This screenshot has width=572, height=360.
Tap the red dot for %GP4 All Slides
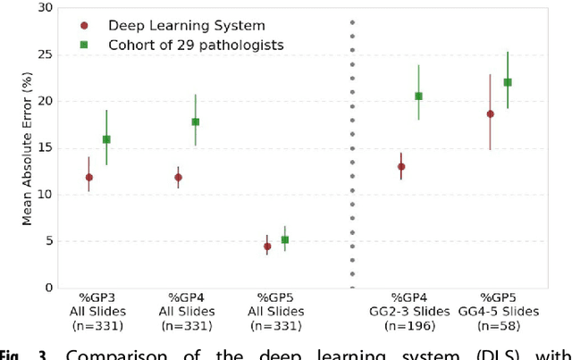point(178,177)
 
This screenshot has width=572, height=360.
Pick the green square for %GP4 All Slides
point(196,121)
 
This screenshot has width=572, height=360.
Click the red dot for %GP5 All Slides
point(267,247)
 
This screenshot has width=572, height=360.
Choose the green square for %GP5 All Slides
point(285,239)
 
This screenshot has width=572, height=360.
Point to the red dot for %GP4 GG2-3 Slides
point(401,166)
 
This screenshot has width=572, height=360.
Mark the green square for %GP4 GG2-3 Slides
point(418,96)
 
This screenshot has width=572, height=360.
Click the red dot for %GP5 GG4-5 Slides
point(490,113)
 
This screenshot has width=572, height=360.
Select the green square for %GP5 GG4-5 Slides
point(508,82)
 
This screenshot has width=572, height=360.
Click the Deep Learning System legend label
point(186,26)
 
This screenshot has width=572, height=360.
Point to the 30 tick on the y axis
point(44,8)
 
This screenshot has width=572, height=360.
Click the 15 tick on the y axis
point(44,148)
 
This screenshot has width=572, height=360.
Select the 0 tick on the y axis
point(47,288)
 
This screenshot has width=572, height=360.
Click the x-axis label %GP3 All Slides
point(97,305)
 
